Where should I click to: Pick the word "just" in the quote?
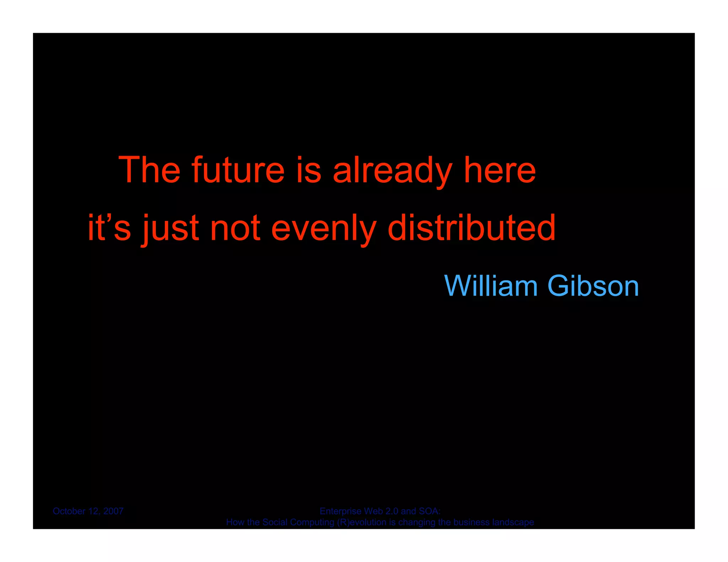[171, 228]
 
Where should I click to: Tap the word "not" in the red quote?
[235, 228]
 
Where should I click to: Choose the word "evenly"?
[323, 228]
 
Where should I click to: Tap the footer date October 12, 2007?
[88, 511]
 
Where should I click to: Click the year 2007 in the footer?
[113, 511]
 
